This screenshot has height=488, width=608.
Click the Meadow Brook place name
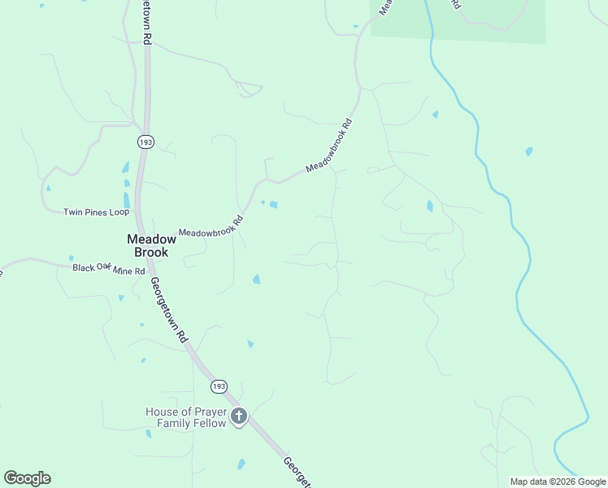[x=151, y=246]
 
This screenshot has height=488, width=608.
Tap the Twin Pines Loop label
[x=97, y=212]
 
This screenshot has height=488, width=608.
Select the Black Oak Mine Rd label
[x=108, y=269]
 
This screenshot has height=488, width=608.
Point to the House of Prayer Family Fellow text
[x=185, y=417]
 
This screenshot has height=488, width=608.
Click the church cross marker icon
[x=238, y=417]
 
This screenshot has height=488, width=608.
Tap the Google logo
[x=27, y=478]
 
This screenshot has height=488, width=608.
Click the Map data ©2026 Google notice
[x=558, y=481]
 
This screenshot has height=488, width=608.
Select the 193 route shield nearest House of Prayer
[x=219, y=386]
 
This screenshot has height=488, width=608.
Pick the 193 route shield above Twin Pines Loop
[x=145, y=142]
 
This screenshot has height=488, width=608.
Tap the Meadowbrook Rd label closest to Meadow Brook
[x=211, y=227]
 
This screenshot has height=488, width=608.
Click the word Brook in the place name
[x=151, y=252]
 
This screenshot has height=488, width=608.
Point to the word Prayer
[x=203, y=412]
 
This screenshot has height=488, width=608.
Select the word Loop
[x=119, y=212]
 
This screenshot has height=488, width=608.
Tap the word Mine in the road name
[x=123, y=270]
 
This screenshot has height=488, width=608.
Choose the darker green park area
[x=488, y=20]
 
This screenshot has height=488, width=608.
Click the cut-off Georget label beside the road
[x=296, y=473]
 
